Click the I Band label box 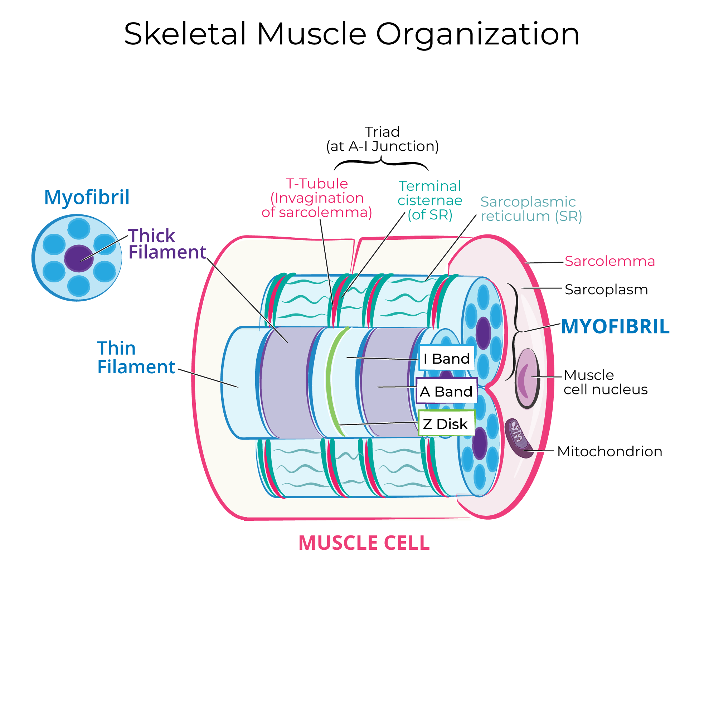click(x=447, y=359)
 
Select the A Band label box click(x=447, y=391)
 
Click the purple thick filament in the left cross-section click(x=79, y=258)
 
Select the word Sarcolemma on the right click(x=610, y=261)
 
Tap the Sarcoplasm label click(x=606, y=290)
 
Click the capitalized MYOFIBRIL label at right click(x=615, y=326)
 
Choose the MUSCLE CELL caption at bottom click(x=364, y=543)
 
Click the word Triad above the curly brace click(x=382, y=132)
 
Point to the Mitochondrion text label click(x=609, y=451)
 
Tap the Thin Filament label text click(x=136, y=358)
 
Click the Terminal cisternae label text click(x=430, y=200)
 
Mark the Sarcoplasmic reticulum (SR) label click(x=531, y=209)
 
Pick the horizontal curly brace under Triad click(x=381, y=163)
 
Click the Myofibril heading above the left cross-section click(x=87, y=198)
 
